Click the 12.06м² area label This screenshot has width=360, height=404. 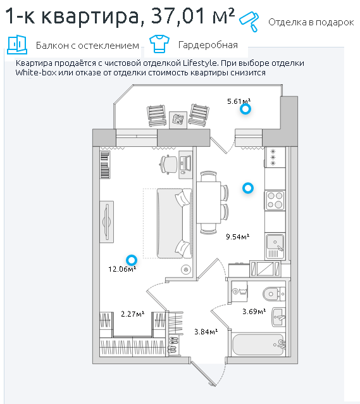coord(122,269)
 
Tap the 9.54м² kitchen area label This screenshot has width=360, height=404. coord(237,237)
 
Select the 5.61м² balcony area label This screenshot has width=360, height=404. coord(239,101)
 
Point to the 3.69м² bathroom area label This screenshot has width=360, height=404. coord(254,312)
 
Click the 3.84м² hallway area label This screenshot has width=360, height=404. coord(206,331)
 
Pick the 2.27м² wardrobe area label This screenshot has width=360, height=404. coord(133,314)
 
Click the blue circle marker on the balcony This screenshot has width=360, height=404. coord(245,109)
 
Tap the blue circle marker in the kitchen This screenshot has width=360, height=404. coord(248,188)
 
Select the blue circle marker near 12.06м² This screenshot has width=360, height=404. coord(132,260)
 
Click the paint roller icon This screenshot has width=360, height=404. coord(249,22)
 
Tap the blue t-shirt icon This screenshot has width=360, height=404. coord(159,44)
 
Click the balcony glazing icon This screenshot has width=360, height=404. coord(17,44)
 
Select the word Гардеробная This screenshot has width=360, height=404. coord(208,45)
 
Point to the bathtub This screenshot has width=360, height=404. coord(258,344)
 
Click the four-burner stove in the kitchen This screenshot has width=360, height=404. coord(275,200)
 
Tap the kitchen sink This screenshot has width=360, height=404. coord(275,246)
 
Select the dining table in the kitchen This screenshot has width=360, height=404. coord(209,202)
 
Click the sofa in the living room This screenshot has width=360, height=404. coord(175,223)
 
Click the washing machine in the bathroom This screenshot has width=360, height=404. coord(239,291)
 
